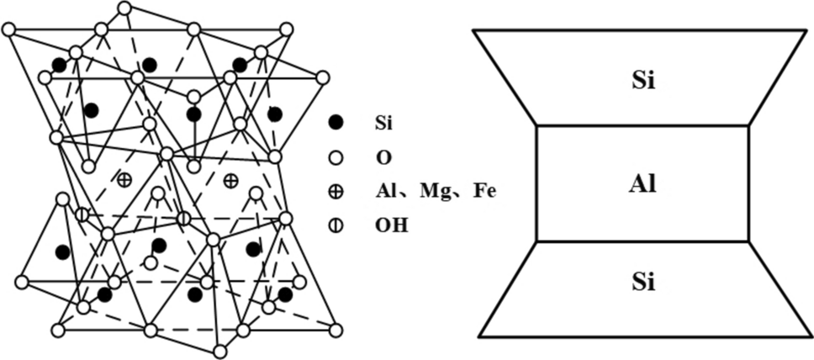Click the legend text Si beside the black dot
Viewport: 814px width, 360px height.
click(x=383, y=123)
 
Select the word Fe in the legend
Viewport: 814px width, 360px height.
click(x=484, y=192)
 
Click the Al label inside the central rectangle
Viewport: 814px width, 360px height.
click(x=642, y=184)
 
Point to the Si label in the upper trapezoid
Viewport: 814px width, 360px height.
click(x=642, y=82)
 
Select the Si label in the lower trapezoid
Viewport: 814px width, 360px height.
click(x=642, y=282)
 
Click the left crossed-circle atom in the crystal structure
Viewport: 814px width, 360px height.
click(x=124, y=179)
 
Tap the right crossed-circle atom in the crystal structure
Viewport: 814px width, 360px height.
click(x=231, y=180)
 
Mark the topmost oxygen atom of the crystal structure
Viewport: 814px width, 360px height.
click(x=124, y=8)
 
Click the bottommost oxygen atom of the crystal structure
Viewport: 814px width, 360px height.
click(x=220, y=351)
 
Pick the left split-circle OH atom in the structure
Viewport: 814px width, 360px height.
click(x=82, y=214)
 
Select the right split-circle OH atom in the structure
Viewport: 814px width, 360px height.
click(x=183, y=219)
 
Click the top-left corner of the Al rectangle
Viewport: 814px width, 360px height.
click(x=536, y=126)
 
